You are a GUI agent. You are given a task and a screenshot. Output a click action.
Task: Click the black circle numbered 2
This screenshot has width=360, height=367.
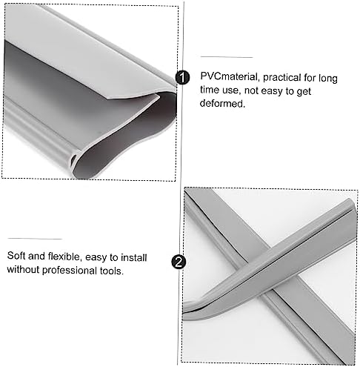coord(178,262)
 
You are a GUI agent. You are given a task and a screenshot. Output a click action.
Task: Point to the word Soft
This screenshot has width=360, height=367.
coord(19,256)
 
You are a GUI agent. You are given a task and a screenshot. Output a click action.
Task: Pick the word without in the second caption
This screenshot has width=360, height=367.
coord(24,270)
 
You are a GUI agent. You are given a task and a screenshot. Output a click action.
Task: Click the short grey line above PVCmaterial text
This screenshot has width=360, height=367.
coord(226,56)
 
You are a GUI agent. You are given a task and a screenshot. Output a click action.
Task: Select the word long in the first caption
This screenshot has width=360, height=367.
coord(329,77)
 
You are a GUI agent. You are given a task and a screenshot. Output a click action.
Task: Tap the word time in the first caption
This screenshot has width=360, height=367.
coord(213,91)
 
